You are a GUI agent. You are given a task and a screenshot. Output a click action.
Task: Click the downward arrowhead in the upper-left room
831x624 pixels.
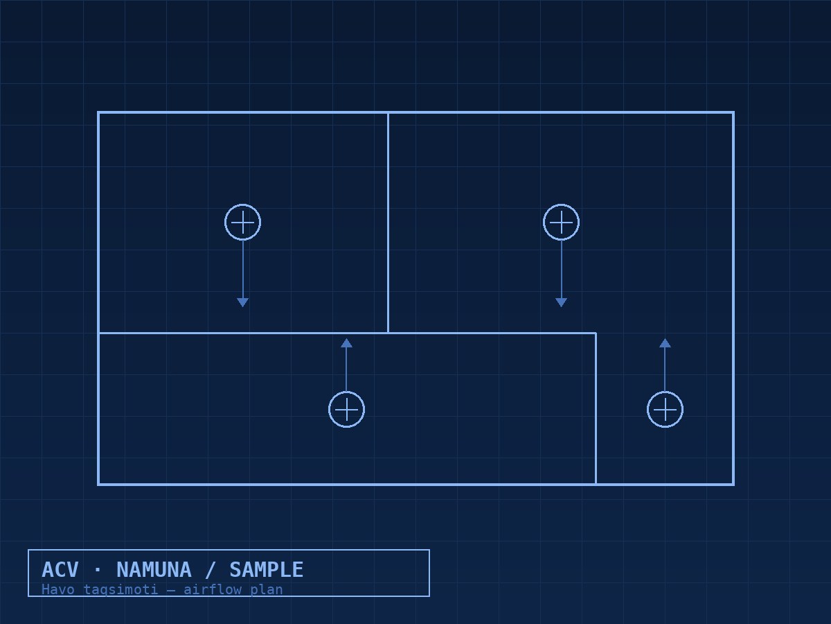[242, 302]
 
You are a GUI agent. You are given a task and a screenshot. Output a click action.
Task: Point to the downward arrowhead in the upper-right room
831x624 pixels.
[561, 302]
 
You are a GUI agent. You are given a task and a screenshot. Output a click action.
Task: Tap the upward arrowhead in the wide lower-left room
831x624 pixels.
[346, 343]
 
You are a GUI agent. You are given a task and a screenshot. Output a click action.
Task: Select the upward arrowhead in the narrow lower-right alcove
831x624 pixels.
[665, 343]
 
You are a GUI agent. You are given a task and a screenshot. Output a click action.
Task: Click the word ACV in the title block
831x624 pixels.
[60, 570]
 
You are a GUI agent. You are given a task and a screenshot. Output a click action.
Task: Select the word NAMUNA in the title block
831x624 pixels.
[154, 570]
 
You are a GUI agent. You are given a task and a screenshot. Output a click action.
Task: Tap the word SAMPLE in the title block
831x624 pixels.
[267, 570]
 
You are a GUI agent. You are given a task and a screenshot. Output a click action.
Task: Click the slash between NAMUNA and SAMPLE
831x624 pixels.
[210, 570]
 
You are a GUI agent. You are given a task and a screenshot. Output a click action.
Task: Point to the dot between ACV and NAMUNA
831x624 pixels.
[98, 570]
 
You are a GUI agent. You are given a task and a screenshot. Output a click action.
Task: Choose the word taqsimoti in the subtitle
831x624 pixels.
[120, 590]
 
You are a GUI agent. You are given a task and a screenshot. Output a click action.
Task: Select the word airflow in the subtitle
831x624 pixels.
[213, 590]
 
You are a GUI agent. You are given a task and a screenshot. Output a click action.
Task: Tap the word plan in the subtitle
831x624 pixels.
[267, 590]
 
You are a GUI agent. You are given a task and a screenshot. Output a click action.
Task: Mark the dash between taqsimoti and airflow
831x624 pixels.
[171, 590]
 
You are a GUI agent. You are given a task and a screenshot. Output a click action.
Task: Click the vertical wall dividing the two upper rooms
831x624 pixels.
[388, 223]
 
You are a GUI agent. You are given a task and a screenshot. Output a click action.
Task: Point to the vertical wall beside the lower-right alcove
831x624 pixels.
[596, 409]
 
